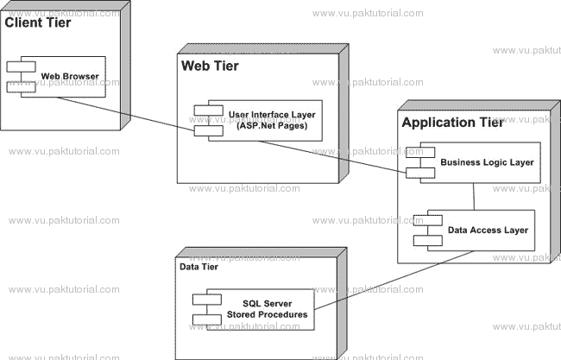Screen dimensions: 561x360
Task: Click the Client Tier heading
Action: click(x=38, y=22)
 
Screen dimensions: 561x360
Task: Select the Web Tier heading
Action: click(x=210, y=66)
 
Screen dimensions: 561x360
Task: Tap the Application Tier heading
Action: click(x=452, y=123)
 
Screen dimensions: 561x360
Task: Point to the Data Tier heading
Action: click(x=199, y=267)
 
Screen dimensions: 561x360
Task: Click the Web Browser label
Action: click(x=70, y=76)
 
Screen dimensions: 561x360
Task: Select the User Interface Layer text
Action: click(x=272, y=115)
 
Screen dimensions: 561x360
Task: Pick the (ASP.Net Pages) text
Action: click(x=272, y=125)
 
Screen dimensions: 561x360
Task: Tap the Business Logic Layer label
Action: click(x=487, y=162)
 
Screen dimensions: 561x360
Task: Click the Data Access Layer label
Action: click(x=488, y=231)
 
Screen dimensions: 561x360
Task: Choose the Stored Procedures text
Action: click(x=267, y=314)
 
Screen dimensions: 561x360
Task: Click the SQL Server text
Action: click(x=268, y=304)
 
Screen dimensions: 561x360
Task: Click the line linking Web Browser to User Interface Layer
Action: click(x=126, y=114)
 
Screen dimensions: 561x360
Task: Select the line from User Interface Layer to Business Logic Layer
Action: click(x=332, y=157)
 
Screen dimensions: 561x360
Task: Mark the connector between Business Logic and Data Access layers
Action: click(x=474, y=197)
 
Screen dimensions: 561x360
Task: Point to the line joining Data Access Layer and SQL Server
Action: click(x=394, y=280)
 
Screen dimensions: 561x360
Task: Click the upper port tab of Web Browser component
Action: click(x=21, y=67)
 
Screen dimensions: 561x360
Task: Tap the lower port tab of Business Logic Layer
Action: click(x=420, y=173)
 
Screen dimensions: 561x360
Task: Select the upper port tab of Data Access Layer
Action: click(x=428, y=220)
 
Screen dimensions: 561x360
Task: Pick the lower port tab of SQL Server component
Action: click(x=207, y=319)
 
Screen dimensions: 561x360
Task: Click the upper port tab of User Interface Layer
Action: click(x=209, y=111)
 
